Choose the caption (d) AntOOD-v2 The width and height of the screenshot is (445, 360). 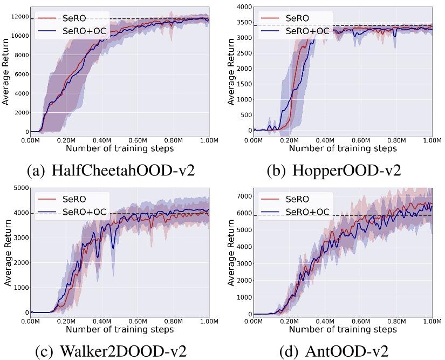(x=334, y=350)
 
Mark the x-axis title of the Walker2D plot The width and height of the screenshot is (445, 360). (x=119, y=329)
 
